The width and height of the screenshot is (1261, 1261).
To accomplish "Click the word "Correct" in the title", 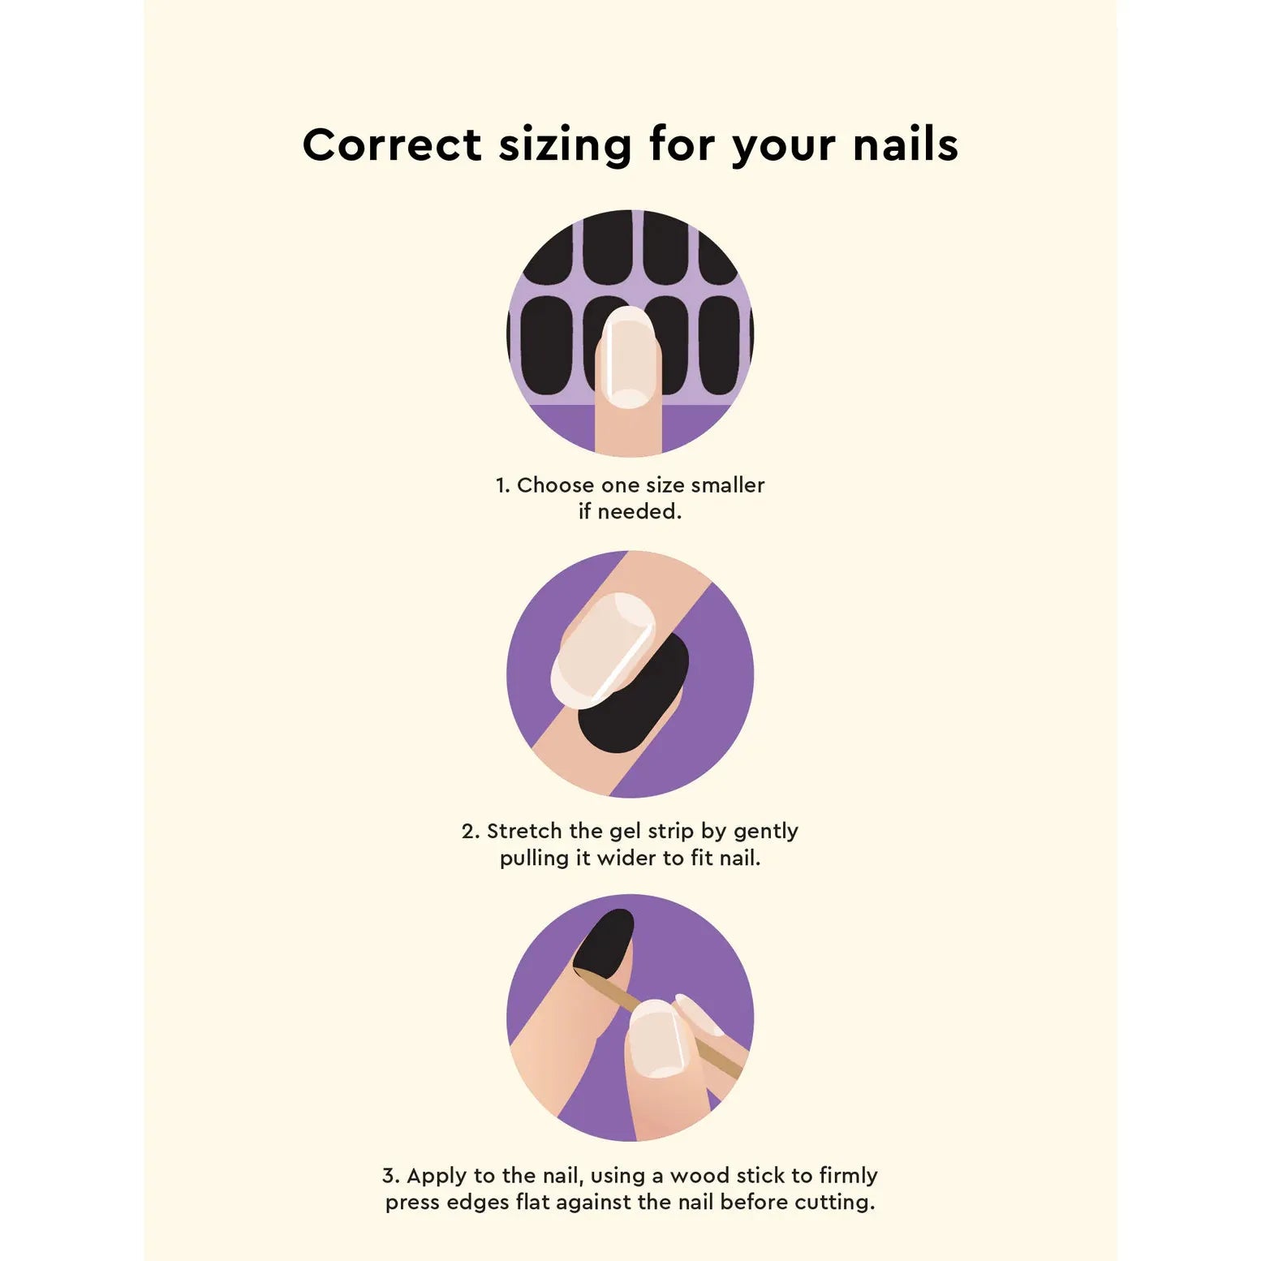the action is click(x=392, y=144).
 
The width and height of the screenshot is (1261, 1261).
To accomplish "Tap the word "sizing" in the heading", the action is click(x=565, y=146).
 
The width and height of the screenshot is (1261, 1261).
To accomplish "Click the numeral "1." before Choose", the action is click(x=502, y=485).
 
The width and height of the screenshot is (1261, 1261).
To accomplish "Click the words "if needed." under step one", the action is click(x=630, y=511).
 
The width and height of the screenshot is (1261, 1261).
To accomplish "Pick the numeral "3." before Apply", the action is click(x=391, y=1176).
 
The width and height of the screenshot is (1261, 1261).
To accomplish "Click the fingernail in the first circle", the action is click(x=630, y=357).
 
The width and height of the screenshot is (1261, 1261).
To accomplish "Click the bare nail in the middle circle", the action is click(x=603, y=649).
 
